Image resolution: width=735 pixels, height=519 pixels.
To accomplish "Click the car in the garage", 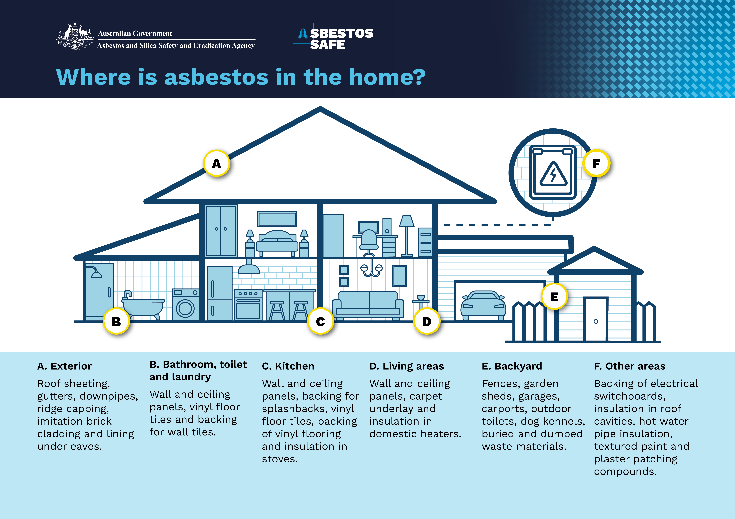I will coord(483,305).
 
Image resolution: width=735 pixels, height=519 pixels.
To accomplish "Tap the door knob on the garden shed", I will coord(596,321).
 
